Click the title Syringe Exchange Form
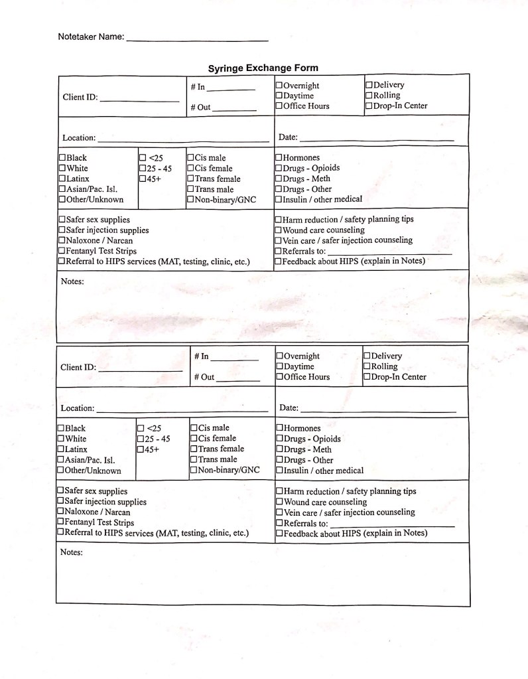click(x=263, y=68)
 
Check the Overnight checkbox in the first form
click(x=279, y=86)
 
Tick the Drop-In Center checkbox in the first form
click(x=369, y=106)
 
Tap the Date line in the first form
click(x=376, y=139)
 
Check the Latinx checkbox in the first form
click(x=62, y=179)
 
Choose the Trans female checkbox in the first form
click(x=190, y=179)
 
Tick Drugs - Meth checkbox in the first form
click(x=279, y=179)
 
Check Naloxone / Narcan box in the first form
click(x=62, y=241)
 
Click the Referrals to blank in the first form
click(x=389, y=252)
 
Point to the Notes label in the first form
click(x=72, y=281)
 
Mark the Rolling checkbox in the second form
click(x=367, y=366)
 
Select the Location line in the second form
click(x=182, y=410)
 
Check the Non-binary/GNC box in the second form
click(x=194, y=471)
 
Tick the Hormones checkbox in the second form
click(x=279, y=429)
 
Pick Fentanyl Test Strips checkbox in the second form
click(x=60, y=522)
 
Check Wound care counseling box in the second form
click(x=279, y=502)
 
